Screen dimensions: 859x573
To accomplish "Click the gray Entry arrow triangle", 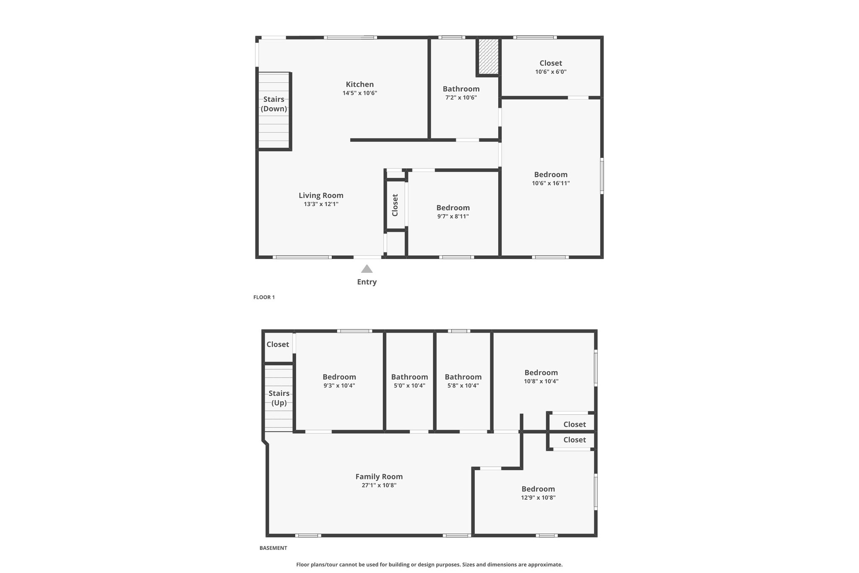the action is [367, 269].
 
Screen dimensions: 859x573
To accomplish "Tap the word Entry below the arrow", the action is [367, 282].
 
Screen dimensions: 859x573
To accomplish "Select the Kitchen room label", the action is [360, 84].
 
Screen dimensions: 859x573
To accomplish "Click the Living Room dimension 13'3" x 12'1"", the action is [321, 204].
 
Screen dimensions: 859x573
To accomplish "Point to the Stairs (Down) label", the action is [274, 104].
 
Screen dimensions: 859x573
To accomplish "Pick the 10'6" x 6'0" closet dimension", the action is [551, 72].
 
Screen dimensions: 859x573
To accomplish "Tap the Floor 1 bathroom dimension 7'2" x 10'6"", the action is [461, 98].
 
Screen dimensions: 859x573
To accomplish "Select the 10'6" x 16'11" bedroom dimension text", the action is [551, 183].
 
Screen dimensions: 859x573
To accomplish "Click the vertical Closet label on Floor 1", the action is [395, 205].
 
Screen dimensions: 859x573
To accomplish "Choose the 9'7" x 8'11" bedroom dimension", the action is [453, 217].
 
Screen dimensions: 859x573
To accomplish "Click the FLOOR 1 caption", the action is [264, 297].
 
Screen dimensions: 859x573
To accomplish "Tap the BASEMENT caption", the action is [273, 548].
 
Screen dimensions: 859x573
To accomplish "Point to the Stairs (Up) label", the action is [279, 398].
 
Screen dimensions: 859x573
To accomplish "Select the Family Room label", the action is [379, 476].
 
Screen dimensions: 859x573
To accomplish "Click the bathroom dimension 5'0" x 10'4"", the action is [409, 386].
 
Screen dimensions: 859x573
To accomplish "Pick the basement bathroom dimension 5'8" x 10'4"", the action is [463, 386].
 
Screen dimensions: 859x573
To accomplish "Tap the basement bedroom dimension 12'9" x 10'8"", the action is [538, 498].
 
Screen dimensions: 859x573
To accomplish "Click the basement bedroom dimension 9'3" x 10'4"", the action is [339, 386].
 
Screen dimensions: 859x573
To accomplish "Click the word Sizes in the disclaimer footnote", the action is [469, 565].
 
